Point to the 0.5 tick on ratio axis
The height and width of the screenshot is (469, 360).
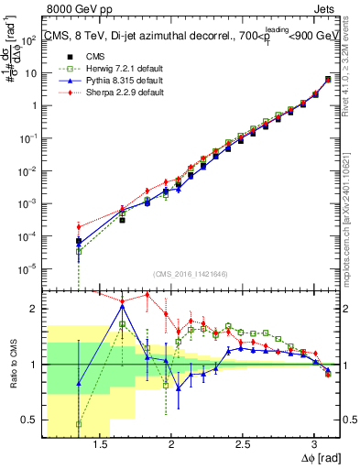point(29,420)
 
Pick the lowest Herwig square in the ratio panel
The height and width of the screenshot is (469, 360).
point(79,424)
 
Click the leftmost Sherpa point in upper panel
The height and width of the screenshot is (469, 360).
point(79,226)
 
